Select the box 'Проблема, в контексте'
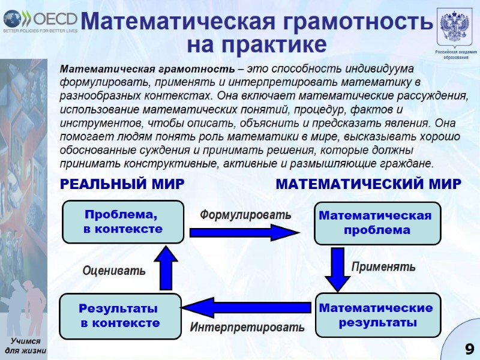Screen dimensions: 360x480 point(123,222)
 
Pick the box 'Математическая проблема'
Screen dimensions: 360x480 point(375,223)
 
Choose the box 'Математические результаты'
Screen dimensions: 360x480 point(376,315)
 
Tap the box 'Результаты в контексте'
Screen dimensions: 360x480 point(120,316)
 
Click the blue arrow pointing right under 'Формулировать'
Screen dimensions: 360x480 point(240,232)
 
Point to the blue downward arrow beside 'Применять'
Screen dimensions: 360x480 point(337,269)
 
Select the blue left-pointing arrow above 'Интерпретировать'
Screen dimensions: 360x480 point(246,308)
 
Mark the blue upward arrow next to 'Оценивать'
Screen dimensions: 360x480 point(166,268)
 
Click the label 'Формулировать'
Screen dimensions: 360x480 point(245,214)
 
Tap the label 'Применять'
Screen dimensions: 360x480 point(383,266)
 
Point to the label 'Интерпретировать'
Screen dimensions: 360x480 point(247,328)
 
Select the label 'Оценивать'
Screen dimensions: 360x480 point(114,271)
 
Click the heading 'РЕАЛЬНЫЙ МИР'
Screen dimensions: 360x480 point(121,184)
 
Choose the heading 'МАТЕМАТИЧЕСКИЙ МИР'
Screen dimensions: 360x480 point(368,184)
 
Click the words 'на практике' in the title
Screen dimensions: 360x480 point(257,45)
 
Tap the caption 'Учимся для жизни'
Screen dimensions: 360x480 point(25,346)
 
